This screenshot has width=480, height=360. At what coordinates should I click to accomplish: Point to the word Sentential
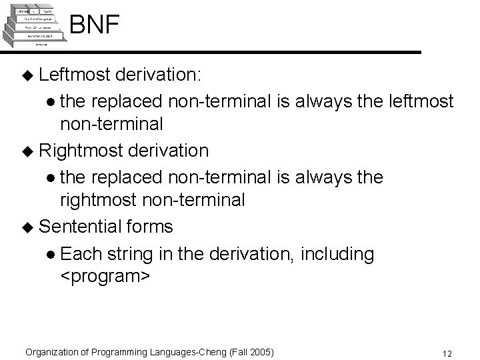[79, 227]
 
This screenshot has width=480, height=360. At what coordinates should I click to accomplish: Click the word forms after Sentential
[148, 227]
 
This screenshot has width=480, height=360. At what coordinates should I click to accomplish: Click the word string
[131, 253]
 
